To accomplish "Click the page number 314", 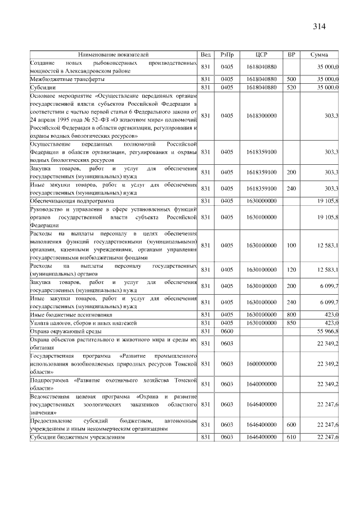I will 319,26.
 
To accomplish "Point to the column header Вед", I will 206,55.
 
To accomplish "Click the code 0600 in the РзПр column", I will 227,332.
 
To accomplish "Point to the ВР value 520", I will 291,88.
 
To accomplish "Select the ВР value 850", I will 291,324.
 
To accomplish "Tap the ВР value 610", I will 291,437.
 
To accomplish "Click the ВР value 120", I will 291,270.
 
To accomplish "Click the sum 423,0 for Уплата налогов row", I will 329,324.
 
